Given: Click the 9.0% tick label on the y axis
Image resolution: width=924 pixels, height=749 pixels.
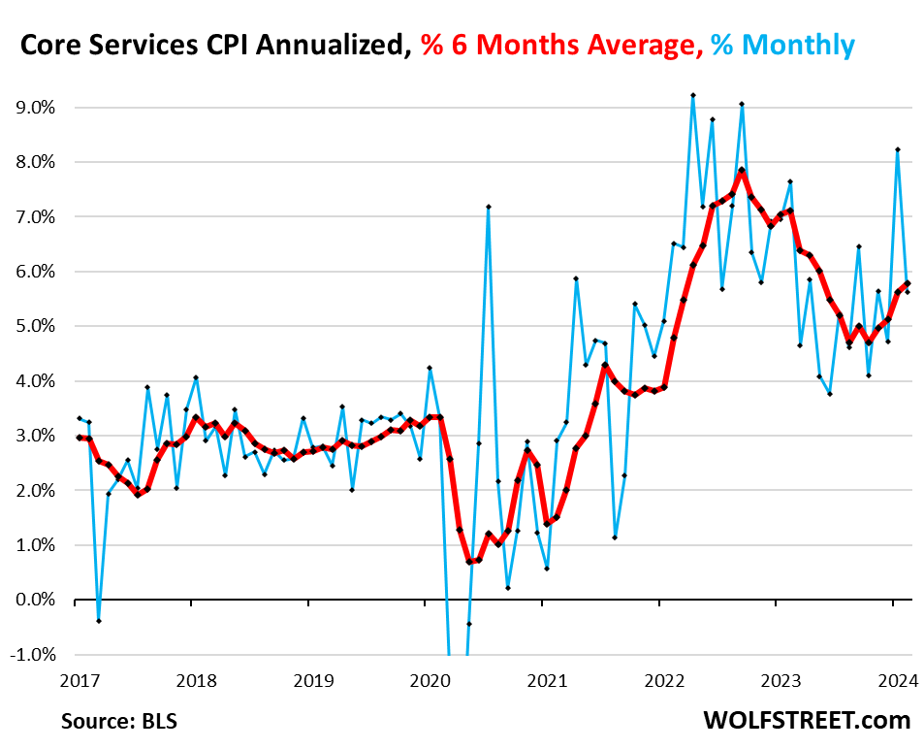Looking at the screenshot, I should (32, 107).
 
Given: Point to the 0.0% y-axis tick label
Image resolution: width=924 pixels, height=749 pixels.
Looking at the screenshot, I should (32, 600).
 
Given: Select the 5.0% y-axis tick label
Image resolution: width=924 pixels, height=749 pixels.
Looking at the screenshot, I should (32, 326).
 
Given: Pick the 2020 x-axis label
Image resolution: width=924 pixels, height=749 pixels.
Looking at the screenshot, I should (425, 681).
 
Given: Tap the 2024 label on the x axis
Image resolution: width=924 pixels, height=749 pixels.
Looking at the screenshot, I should (892, 681).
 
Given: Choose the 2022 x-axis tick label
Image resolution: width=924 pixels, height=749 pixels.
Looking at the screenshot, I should (658, 681).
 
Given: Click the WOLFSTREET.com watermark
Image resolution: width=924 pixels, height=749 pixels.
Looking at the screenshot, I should (807, 721).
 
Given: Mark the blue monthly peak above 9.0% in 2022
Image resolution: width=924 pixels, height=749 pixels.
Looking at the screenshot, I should (693, 95).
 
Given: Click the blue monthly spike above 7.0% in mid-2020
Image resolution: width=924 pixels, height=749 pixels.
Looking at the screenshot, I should (489, 206).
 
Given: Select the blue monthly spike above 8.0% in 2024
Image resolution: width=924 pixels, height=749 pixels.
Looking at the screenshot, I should (898, 149).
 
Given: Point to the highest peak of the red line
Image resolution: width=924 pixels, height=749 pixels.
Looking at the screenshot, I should (742, 170).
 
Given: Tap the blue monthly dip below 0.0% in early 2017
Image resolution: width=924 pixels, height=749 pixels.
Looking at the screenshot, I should (99, 621).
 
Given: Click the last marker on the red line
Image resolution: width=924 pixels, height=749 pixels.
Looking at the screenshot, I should (908, 283).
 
